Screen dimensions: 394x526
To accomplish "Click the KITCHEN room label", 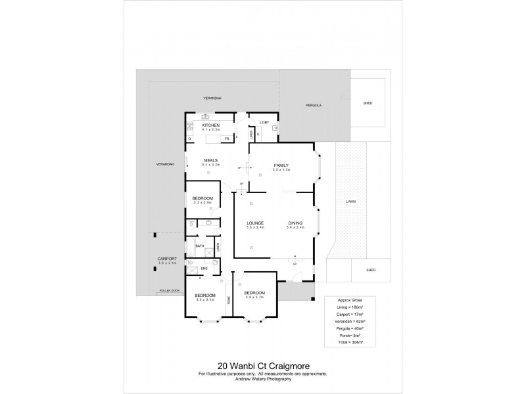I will pyautogui.click(x=210, y=125).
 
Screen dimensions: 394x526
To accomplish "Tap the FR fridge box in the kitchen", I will pyautogui.click(x=226, y=139).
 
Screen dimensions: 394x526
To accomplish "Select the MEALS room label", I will pyautogui.click(x=210, y=160).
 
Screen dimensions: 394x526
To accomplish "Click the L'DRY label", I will pyautogui.click(x=265, y=123).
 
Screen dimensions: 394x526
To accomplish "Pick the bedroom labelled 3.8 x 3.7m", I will pyautogui.click(x=254, y=294).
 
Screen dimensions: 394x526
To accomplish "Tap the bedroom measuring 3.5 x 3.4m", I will pyautogui.click(x=205, y=296).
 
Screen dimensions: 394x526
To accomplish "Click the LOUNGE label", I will pyautogui.click(x=255, y=223).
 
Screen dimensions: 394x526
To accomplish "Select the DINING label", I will pyautogui.click(x=294, y=223).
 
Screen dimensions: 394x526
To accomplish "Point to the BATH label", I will pyautogui.click(x=200, y=246).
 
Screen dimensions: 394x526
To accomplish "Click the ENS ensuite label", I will pyautogui.click(x=204, y=268).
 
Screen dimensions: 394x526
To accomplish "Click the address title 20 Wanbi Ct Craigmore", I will pyautogui.click(x=262, y=368).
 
